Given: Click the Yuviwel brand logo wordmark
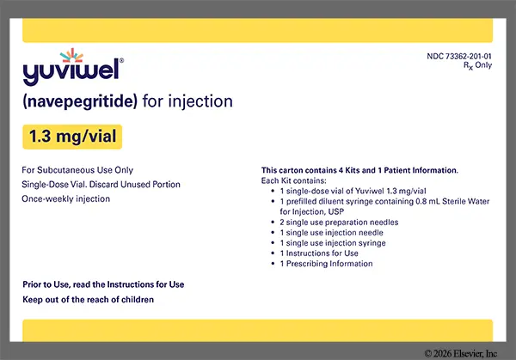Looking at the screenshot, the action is pos(71,71).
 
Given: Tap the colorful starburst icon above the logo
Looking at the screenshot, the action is pos(71,55).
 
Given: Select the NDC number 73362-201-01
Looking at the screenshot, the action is pos(459,56).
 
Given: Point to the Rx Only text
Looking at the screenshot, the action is pos(478,65).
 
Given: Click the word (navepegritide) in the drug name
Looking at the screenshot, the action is pos(80,101).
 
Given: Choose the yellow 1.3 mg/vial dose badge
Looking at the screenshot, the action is pos(72,137).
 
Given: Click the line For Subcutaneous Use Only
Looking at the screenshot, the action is pos(77,170).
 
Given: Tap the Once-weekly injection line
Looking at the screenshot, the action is pos(66,199).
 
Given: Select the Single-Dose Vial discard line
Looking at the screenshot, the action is pos(101,185).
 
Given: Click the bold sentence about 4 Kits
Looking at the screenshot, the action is pos(359,170).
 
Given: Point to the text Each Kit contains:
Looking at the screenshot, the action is pos(293,180).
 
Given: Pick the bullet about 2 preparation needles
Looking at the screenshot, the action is pos(339,223).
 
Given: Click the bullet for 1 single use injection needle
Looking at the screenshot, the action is pos(331,233).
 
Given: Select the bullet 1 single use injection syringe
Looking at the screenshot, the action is pos(333,243).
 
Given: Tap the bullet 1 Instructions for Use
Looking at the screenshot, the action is pos(319,253).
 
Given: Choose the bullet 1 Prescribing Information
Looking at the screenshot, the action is pos(326,264).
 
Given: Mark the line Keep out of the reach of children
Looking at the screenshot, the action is pos(89,300).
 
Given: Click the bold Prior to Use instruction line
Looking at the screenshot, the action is pos(103,284).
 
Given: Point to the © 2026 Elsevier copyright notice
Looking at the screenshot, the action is pos(461,353).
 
